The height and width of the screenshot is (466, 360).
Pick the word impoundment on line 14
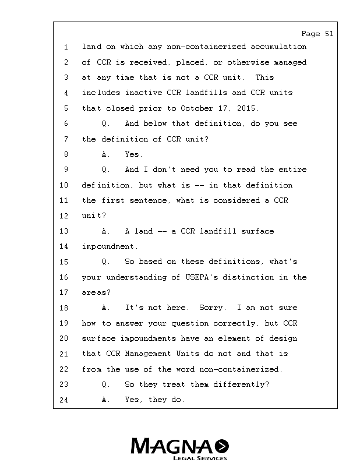coord(108,247)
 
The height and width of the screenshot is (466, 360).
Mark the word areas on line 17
coord(94,292)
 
